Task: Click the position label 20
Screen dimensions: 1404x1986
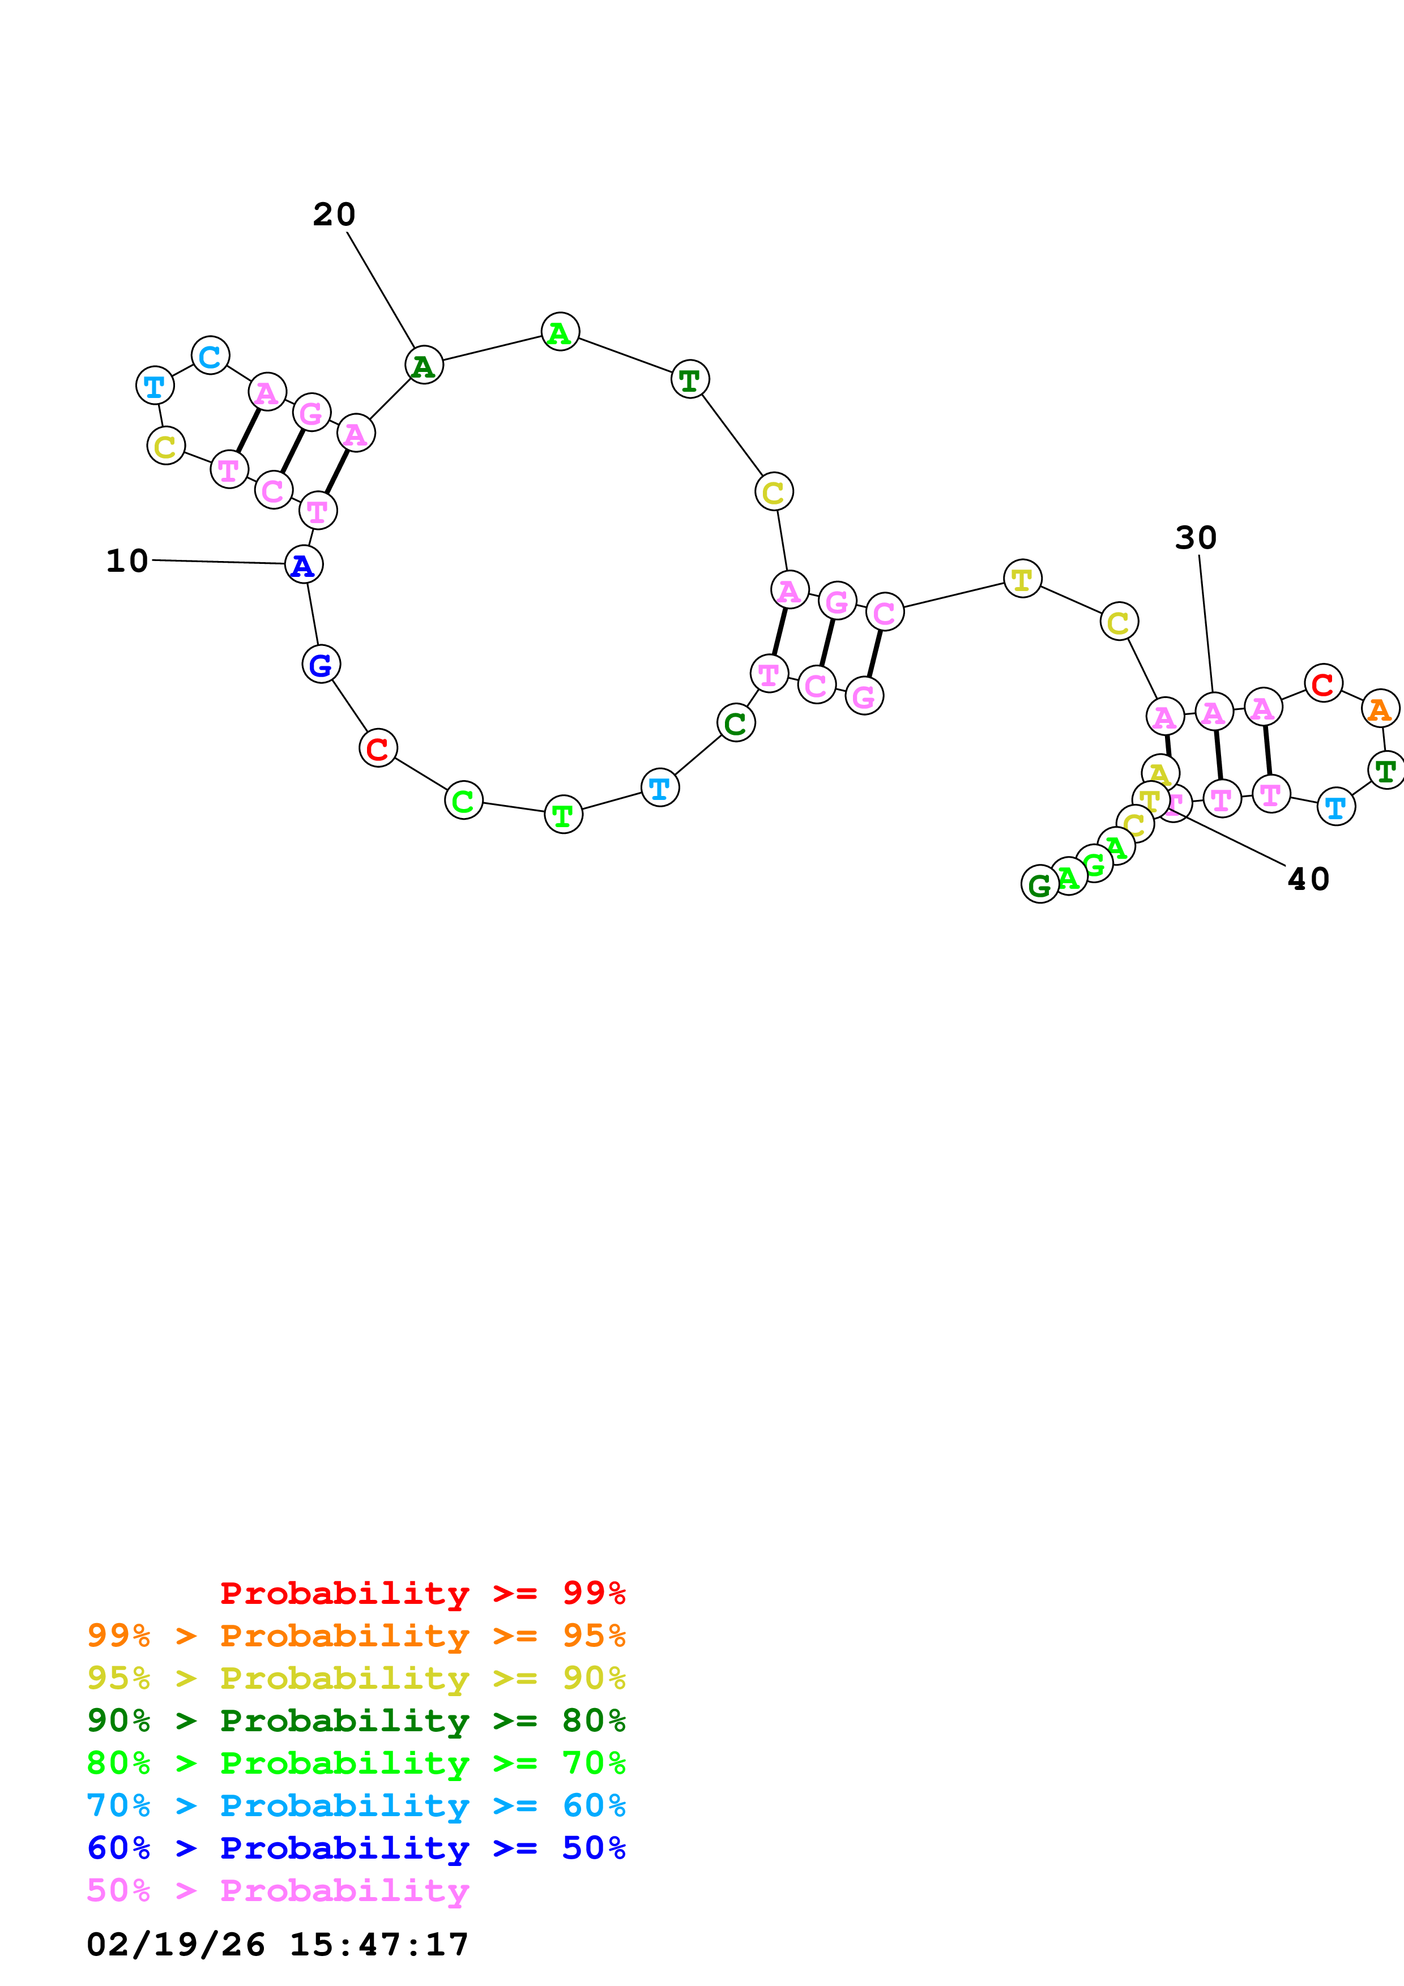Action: click(334, 215)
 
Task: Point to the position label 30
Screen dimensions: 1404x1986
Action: click(1196, 538)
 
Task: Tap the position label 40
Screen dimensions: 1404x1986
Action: click(1308, 880)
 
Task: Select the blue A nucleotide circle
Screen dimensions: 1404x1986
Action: click(304, 565)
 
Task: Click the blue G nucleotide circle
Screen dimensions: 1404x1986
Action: click(321, 664)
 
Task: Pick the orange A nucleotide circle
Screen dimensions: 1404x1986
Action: click(1380, 709)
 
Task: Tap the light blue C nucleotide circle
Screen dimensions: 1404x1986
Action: click(210, 356)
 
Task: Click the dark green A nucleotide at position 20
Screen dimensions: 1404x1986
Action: click(424, 366)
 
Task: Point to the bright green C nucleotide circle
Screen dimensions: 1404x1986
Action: click(464, 801)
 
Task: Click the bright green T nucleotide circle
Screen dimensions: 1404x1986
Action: click(563, 815)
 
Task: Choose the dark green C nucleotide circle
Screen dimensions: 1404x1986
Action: click(736, 723)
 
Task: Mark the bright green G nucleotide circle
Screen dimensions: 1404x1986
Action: click(1094, 864)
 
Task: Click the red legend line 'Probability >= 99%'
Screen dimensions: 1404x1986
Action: click(422, 1593)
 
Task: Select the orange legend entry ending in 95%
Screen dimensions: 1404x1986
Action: click(356, 1636)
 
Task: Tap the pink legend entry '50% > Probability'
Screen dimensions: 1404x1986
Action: click(278, 1891)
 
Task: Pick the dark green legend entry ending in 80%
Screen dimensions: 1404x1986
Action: click(356, 1720)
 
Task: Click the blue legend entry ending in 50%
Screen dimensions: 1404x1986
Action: click(356, 1848)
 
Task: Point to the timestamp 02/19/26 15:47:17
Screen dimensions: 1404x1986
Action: click(278, 1945)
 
